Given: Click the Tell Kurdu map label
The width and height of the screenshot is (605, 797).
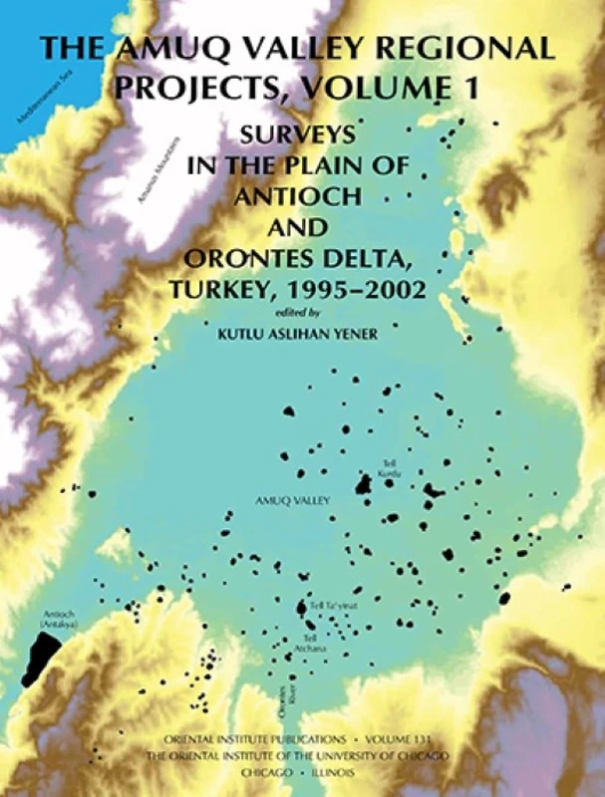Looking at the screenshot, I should pyautogui.click(x=387, y=467).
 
